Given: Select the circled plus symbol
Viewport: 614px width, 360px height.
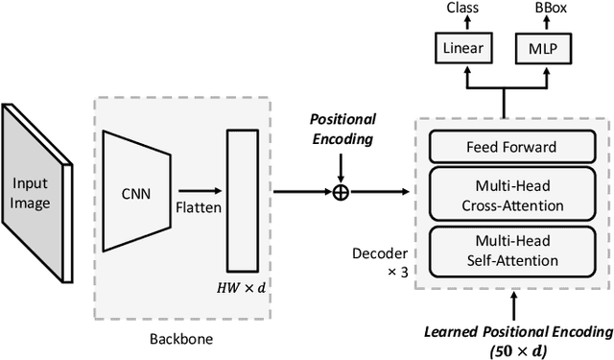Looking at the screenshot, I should point(340,191).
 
